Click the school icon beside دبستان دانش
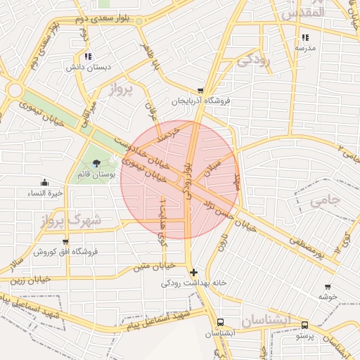tap(87, 56)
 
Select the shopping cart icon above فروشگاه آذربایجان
tap(201, 91)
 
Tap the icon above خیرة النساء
tap(46, 183)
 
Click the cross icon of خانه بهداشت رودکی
tap(193, 272)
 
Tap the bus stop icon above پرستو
tap(304, 325)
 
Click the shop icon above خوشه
tap(328, 286)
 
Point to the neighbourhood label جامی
tap(324, 200)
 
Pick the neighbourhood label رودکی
tap(254, 60)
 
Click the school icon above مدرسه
tap(304, 37)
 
